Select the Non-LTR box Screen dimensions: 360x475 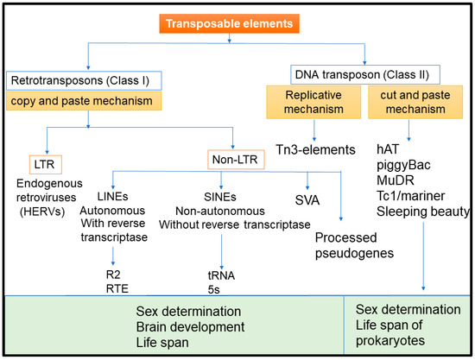click(234, 160)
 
